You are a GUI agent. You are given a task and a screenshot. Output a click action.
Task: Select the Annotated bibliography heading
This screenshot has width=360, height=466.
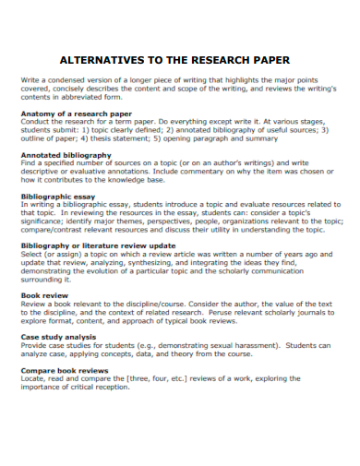pyautogui.click(x=66, y=155)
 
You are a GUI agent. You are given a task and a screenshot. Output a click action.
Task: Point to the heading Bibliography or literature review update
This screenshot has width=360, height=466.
pyautogui.click(x=98, y=246)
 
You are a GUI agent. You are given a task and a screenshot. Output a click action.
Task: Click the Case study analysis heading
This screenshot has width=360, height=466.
pyautogui.click(x=62, y=336)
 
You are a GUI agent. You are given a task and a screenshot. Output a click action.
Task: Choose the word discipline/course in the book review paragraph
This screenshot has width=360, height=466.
pyautogui.click(x=161, y=303)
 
